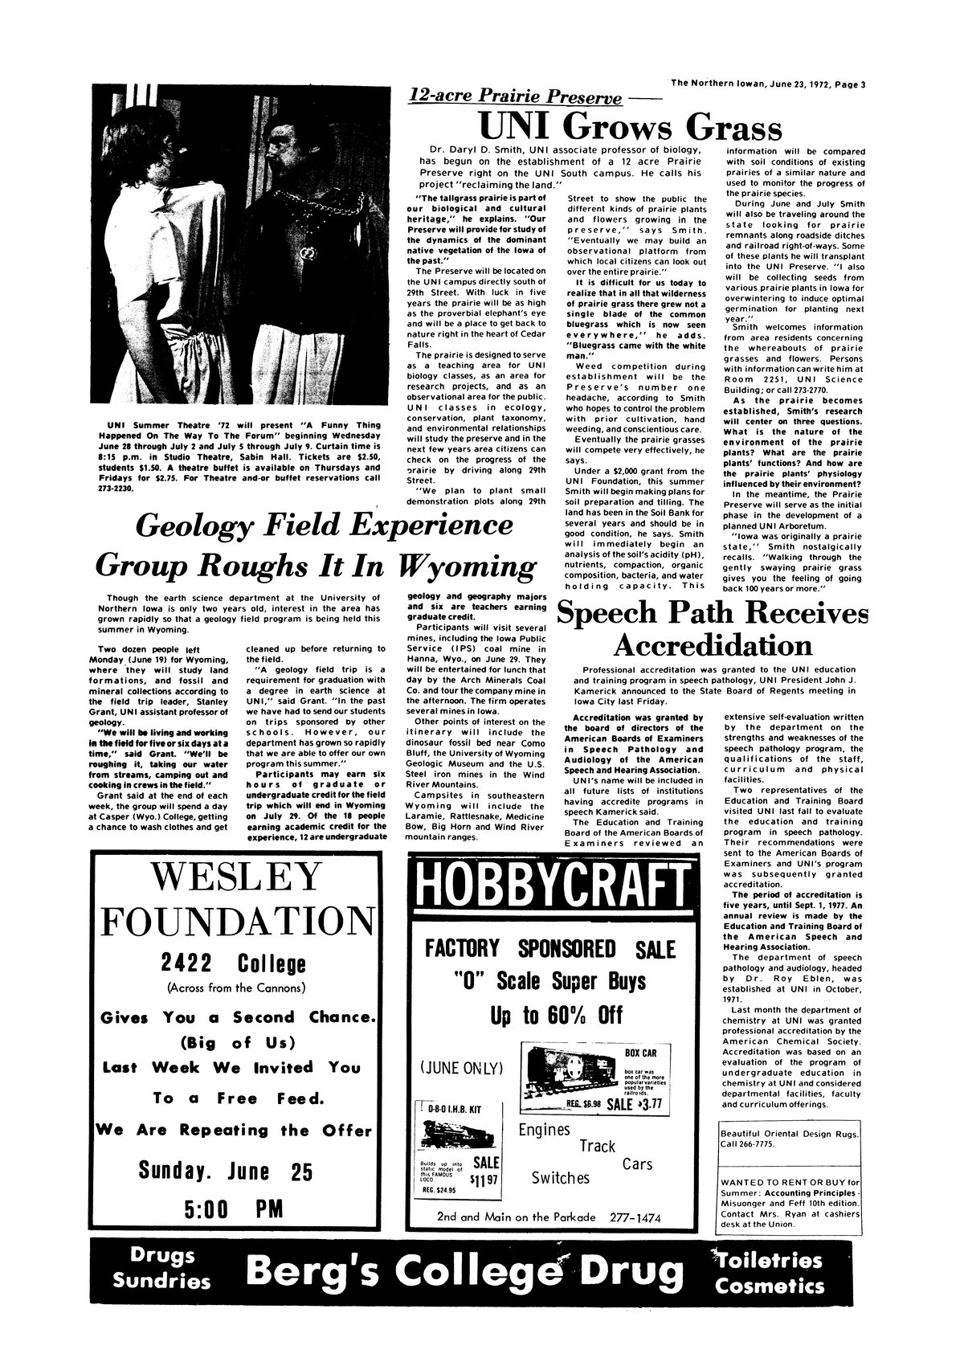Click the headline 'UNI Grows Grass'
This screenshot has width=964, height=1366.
pos(630,128)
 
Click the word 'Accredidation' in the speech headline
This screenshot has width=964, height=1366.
pos(712,645)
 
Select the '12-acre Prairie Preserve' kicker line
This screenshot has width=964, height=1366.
pos(516,98)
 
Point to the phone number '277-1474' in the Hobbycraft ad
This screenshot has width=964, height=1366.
pos(633,1217)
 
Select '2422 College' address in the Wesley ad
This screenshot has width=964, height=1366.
pos(234,963)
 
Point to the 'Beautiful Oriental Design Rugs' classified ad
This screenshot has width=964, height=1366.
pos(787,1139)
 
